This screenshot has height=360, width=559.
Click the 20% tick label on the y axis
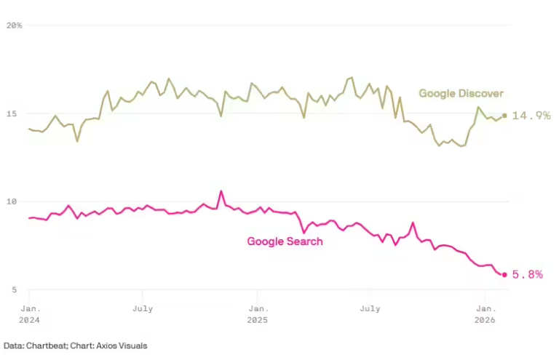[14, 25]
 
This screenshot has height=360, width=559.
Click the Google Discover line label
[461, 93]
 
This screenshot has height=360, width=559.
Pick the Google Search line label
[285, 241]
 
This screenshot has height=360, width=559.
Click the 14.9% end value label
[531, 116]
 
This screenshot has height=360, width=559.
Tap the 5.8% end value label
[527, 275]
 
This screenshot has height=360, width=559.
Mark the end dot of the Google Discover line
[504, 115]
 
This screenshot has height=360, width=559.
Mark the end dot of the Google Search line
[504, 274]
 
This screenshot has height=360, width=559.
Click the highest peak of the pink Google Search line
[221, 191]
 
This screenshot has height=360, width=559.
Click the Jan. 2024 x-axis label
[29, 313]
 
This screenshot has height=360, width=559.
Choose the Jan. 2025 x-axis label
[257, 313]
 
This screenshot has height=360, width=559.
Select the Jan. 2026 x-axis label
[485, 313]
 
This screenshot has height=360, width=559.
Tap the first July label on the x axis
[143, 308]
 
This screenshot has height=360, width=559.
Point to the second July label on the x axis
[370, 308]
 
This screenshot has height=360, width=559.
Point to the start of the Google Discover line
[29, 129]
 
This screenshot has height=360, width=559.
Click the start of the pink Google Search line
[29, 218]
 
